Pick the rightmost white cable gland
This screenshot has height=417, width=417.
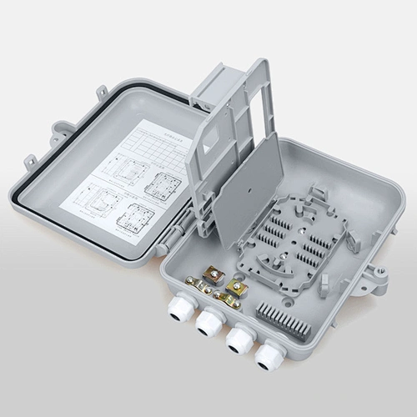(x=269, y=357)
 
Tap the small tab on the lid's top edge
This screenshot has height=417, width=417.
(x=102, y=90)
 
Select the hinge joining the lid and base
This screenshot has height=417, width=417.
(x=172, y=238)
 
